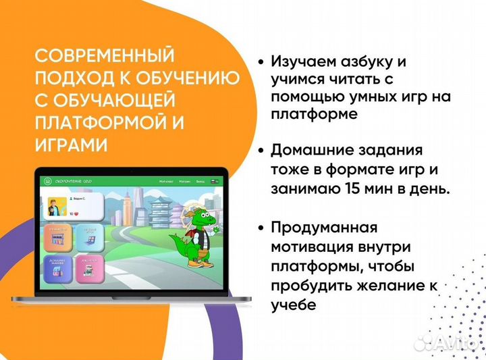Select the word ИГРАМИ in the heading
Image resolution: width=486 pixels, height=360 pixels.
tap(70, 146)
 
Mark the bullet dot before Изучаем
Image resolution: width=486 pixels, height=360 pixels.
tap(261, 61)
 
